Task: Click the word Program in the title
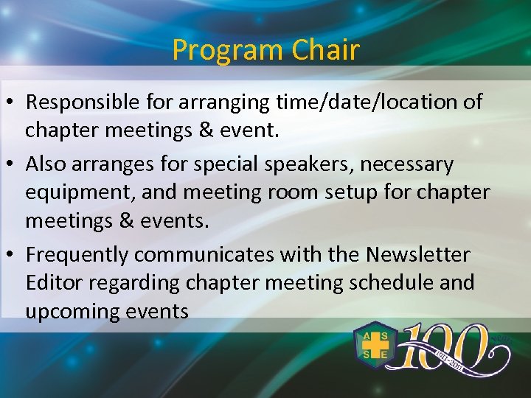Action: pyautogui.click(x=228, y=50)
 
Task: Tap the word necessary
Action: pyautogui.click(x=406, y=163)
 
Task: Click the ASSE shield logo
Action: pyautogui.click(x=374, y=344)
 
